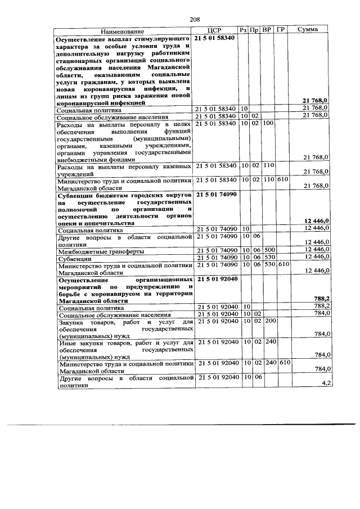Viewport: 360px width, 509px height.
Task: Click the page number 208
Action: click(x=195, y=20)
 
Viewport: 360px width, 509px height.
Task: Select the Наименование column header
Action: click(x=123, y=30)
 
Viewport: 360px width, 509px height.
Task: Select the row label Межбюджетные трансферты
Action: click(x=101, y=250)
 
